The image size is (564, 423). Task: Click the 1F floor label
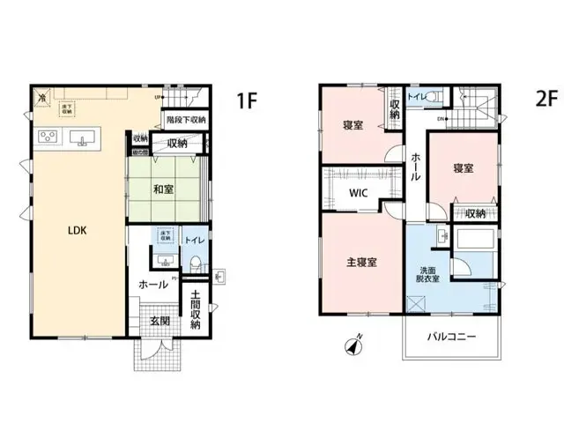tap(245, 100)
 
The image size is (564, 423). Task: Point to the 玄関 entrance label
tap(160, 322)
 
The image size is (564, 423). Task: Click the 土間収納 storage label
tap(196, 310)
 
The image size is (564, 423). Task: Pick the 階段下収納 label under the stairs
tap(186, 119)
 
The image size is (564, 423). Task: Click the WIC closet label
tap(357, 192)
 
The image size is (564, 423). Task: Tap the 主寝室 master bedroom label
tap(361, 262)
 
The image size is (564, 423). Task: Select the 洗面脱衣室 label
tap(428, 273)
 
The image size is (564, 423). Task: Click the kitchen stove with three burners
tap(48, 137)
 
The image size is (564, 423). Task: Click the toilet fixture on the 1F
tap(195, 261)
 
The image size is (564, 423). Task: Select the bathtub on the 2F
tap(477, 239)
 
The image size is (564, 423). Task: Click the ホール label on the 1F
tap(153, 285)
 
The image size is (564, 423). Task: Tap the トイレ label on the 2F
tap(416, 94)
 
